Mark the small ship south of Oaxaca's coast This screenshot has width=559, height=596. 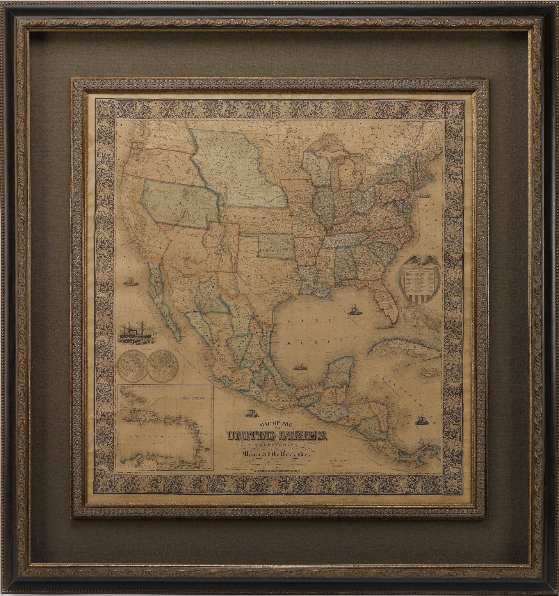point(251,414)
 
